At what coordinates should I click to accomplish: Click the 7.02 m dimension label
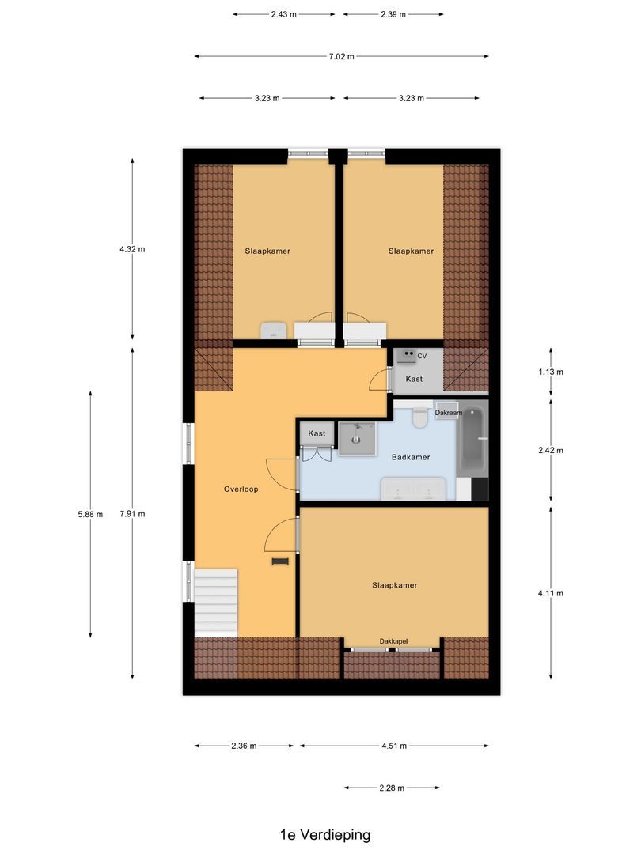341,56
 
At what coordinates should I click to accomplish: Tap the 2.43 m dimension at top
283,14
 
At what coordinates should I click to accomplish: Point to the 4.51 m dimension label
394,746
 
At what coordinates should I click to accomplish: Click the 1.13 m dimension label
551,372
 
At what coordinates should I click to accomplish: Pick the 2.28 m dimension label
392,788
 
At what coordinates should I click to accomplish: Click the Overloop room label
241,489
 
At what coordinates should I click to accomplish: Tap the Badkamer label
411,457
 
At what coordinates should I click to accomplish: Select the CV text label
422,357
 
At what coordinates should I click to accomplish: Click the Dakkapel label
393,641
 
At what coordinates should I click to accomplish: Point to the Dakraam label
449,413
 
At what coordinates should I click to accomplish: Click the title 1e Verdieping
324,834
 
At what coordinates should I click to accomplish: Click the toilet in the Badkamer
420,418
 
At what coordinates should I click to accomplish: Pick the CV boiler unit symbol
406,357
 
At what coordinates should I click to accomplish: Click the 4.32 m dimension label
132,248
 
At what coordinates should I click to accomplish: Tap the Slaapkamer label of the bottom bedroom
394,585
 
